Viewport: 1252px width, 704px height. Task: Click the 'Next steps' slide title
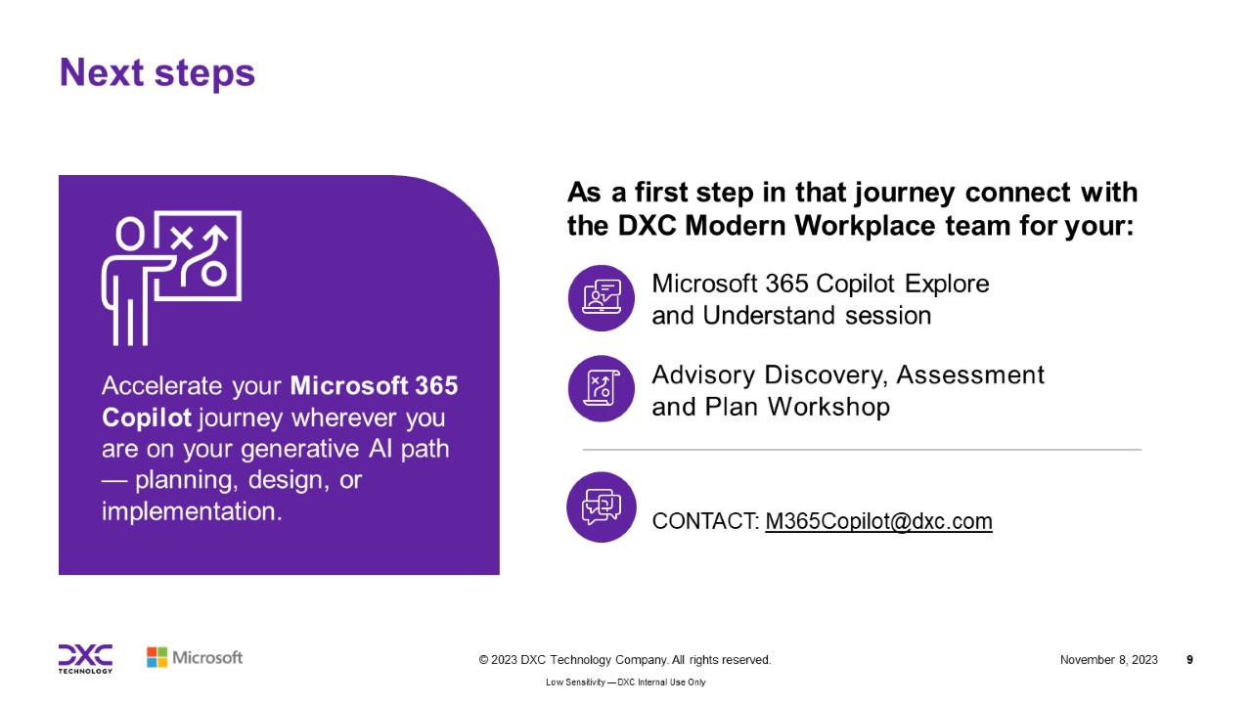pyautogui.click(x=157, y=73)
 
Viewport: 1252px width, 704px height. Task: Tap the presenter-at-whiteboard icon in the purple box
pyautogui.click(x=171, y=278)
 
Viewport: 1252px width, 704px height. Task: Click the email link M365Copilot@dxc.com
pyautogui.click(x=878, y=521)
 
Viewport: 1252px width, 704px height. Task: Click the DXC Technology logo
pyautogui.click(x=85, y=659)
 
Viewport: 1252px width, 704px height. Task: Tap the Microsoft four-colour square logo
pyautogui.click(x=157, y=658)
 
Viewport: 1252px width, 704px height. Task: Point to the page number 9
pyautogui.click(x=1190, y=660)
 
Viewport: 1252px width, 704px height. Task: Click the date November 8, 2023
pyautogui.click(x=1109, y=660)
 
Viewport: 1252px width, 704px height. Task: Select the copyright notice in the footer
pyautogui.click(x=625, y=660)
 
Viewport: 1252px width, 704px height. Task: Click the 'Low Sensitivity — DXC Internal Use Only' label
pyautogui.click(x=625, y=682)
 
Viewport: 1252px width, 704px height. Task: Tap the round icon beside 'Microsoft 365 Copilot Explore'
pyautogui.click(x=602, y=298)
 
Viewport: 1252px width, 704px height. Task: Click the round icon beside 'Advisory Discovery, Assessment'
pyautogui.click(x=602, y=388)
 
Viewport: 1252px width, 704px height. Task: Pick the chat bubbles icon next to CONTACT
pyautogui.click(x=602, y=506)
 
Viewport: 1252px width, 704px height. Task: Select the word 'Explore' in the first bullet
pyautogui.click(x=947, y=285)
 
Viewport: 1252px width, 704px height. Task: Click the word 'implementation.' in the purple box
pyautogui.click(x=192, y=511)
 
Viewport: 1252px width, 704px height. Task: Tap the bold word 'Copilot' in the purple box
pyautogui.click(x=147, y=418)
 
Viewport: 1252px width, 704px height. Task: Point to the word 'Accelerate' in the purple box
pyautogui.click(x=162, y=386)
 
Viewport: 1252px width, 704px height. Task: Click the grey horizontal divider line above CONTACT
pyautogui.click(x=862, y=449)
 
